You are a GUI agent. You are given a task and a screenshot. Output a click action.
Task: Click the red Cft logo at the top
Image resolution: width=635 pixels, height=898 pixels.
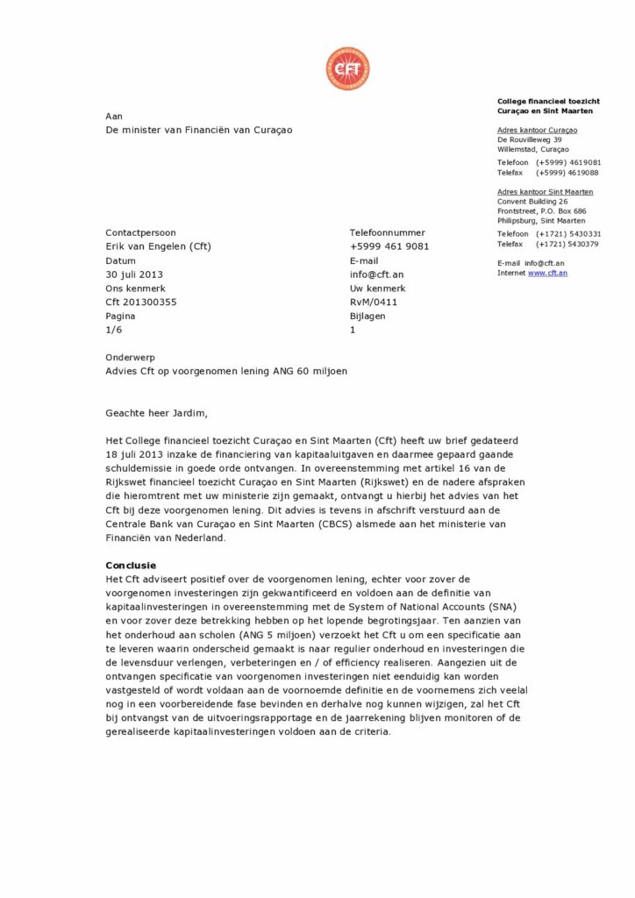(347, 69)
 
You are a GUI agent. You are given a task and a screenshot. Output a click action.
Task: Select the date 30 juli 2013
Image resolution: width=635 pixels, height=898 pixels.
(134, 274)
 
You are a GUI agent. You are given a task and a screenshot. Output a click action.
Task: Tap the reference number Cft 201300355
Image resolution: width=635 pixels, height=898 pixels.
(141, 303)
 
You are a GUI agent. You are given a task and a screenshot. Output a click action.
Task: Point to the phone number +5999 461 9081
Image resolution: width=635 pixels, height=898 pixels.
(389, 246)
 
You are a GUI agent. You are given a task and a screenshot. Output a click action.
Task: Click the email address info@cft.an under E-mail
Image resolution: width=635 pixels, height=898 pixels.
(376, 274)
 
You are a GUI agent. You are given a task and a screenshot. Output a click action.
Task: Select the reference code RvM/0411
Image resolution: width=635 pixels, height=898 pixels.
(374, 303)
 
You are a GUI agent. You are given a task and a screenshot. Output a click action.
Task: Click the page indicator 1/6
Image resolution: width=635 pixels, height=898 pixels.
(114, 331)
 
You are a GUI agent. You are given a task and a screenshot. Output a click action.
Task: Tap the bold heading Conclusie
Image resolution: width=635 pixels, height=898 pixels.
(131, 566)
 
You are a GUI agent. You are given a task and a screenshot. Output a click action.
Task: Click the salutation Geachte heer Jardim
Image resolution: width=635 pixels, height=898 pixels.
(158, 413)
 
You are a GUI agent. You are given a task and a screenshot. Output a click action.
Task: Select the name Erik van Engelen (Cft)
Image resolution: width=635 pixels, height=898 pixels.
(158, 246)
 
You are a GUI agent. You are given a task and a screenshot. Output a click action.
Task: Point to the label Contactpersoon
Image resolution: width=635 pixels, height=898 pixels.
(140, 232)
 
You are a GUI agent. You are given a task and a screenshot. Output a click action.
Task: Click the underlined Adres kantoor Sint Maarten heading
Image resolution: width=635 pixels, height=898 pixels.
(545, 191)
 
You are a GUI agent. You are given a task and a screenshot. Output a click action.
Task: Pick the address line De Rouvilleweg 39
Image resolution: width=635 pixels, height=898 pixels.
(530, 139)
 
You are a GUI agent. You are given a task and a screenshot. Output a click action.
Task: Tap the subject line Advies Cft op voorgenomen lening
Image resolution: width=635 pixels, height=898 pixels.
(226, 371)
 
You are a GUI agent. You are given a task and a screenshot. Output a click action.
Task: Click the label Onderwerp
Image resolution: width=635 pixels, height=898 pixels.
(130, 357)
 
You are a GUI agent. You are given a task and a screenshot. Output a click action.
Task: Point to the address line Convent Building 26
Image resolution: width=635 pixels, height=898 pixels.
(532, 201)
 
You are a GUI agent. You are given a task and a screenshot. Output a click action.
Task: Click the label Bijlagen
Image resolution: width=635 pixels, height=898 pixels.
(367, 317)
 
